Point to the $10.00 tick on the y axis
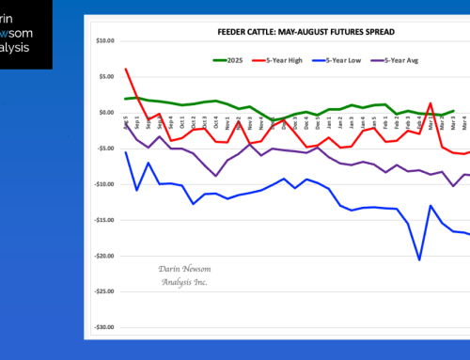click(105, 41)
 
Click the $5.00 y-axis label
click(107, 77)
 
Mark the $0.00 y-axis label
click(107, 113)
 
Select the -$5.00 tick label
click(106, 149)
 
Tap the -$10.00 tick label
click(104, 184)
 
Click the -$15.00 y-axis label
click(104, 220)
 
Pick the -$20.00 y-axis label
click(104, 256)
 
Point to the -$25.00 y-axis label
click(104, 291)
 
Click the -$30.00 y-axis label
click(104, 327)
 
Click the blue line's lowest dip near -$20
click(419, 259)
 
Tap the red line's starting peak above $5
click(126, 69)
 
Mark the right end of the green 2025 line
click(454, 110)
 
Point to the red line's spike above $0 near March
click(431, 103)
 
